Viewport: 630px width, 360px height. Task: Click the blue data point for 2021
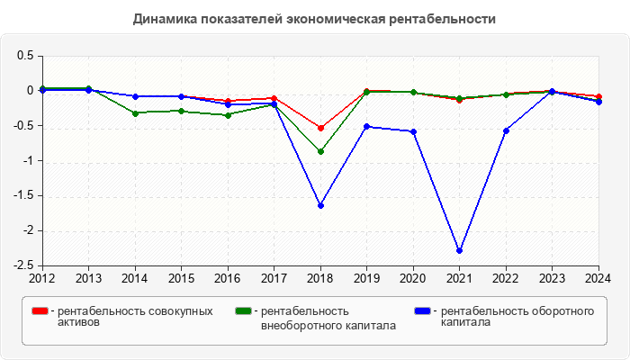pos(460,251)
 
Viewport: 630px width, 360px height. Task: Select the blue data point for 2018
pos(320,205)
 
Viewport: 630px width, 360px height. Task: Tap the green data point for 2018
pos(320,151)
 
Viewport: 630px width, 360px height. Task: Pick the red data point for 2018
pos(320,128)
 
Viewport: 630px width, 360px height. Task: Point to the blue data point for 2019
pos(366,126)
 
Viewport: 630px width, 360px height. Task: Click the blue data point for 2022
pos(506,130)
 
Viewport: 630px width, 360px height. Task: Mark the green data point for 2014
pos(135,113)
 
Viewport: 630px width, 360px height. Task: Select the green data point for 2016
pos(228,115)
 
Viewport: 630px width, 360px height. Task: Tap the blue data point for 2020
pos(413,131)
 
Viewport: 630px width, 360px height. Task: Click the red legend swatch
pos(40,311)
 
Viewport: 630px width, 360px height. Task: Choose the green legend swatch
pos(243,311)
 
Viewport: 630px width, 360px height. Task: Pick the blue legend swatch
pos(423,311)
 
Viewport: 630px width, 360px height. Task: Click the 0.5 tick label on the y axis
pos(25,56)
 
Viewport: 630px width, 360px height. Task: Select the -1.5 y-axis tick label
pos(22,195)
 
